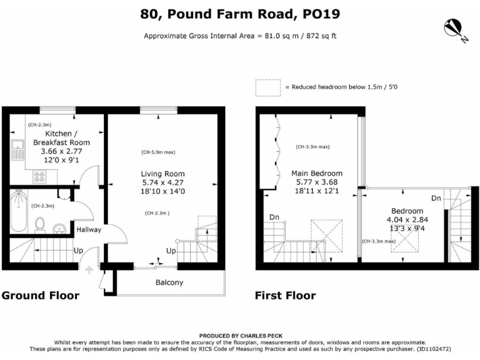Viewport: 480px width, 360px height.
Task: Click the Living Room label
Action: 162,174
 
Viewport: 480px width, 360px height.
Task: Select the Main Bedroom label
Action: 317,173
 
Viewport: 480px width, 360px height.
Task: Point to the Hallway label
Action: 89,230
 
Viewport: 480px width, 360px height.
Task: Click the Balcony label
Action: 169,282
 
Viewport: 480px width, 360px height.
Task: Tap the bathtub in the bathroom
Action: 18,211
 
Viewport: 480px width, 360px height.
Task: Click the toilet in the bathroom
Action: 41,223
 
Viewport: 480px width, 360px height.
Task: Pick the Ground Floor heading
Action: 40,296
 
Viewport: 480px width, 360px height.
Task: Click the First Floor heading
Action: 285,296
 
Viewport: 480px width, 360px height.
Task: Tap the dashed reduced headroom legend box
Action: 267,88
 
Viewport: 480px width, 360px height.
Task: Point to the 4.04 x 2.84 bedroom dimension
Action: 407,220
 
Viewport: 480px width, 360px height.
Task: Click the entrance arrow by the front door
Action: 87,270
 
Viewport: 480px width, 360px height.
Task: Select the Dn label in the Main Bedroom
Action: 274,217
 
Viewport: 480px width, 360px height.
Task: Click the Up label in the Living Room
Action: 170,251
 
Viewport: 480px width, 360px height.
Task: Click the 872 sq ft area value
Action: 321,36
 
